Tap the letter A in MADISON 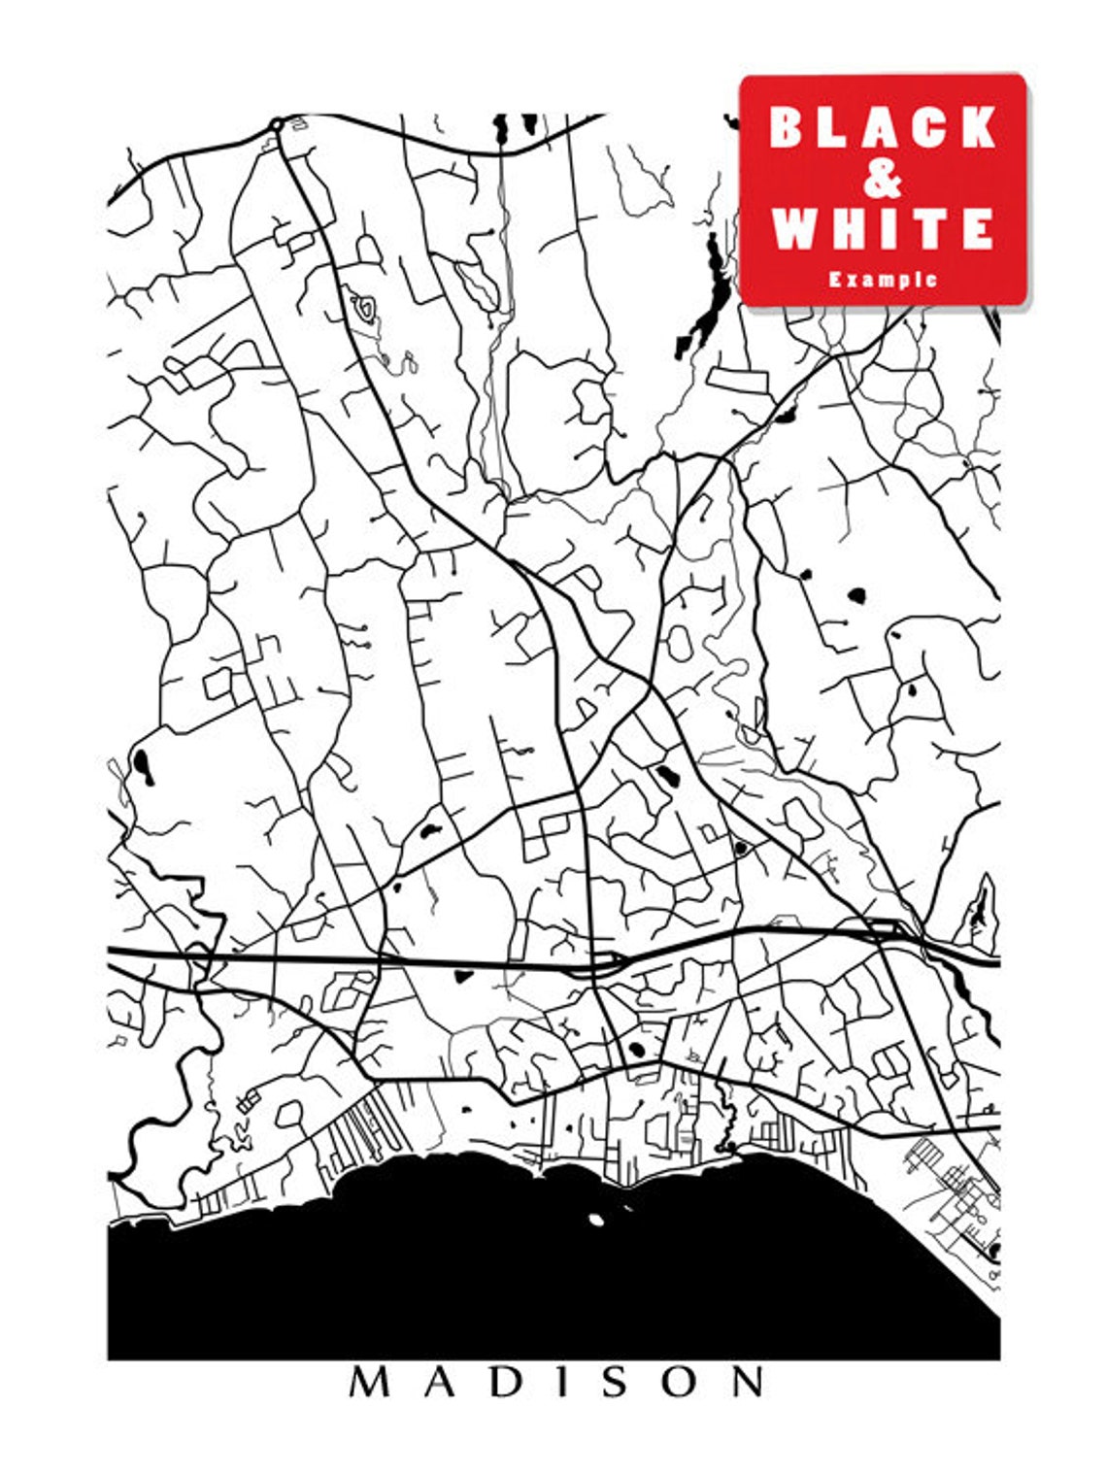tap(437, 1382)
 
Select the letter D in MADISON tap(499, 1382)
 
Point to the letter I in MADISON tap(553, 1382)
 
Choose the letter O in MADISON tap(674, 1382)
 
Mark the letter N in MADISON tap(746, 1382)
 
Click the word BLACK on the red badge tap(883, 127)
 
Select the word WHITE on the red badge tap(883, 229)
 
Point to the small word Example tap(883, 280)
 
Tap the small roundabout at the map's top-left tap(276, 124)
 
